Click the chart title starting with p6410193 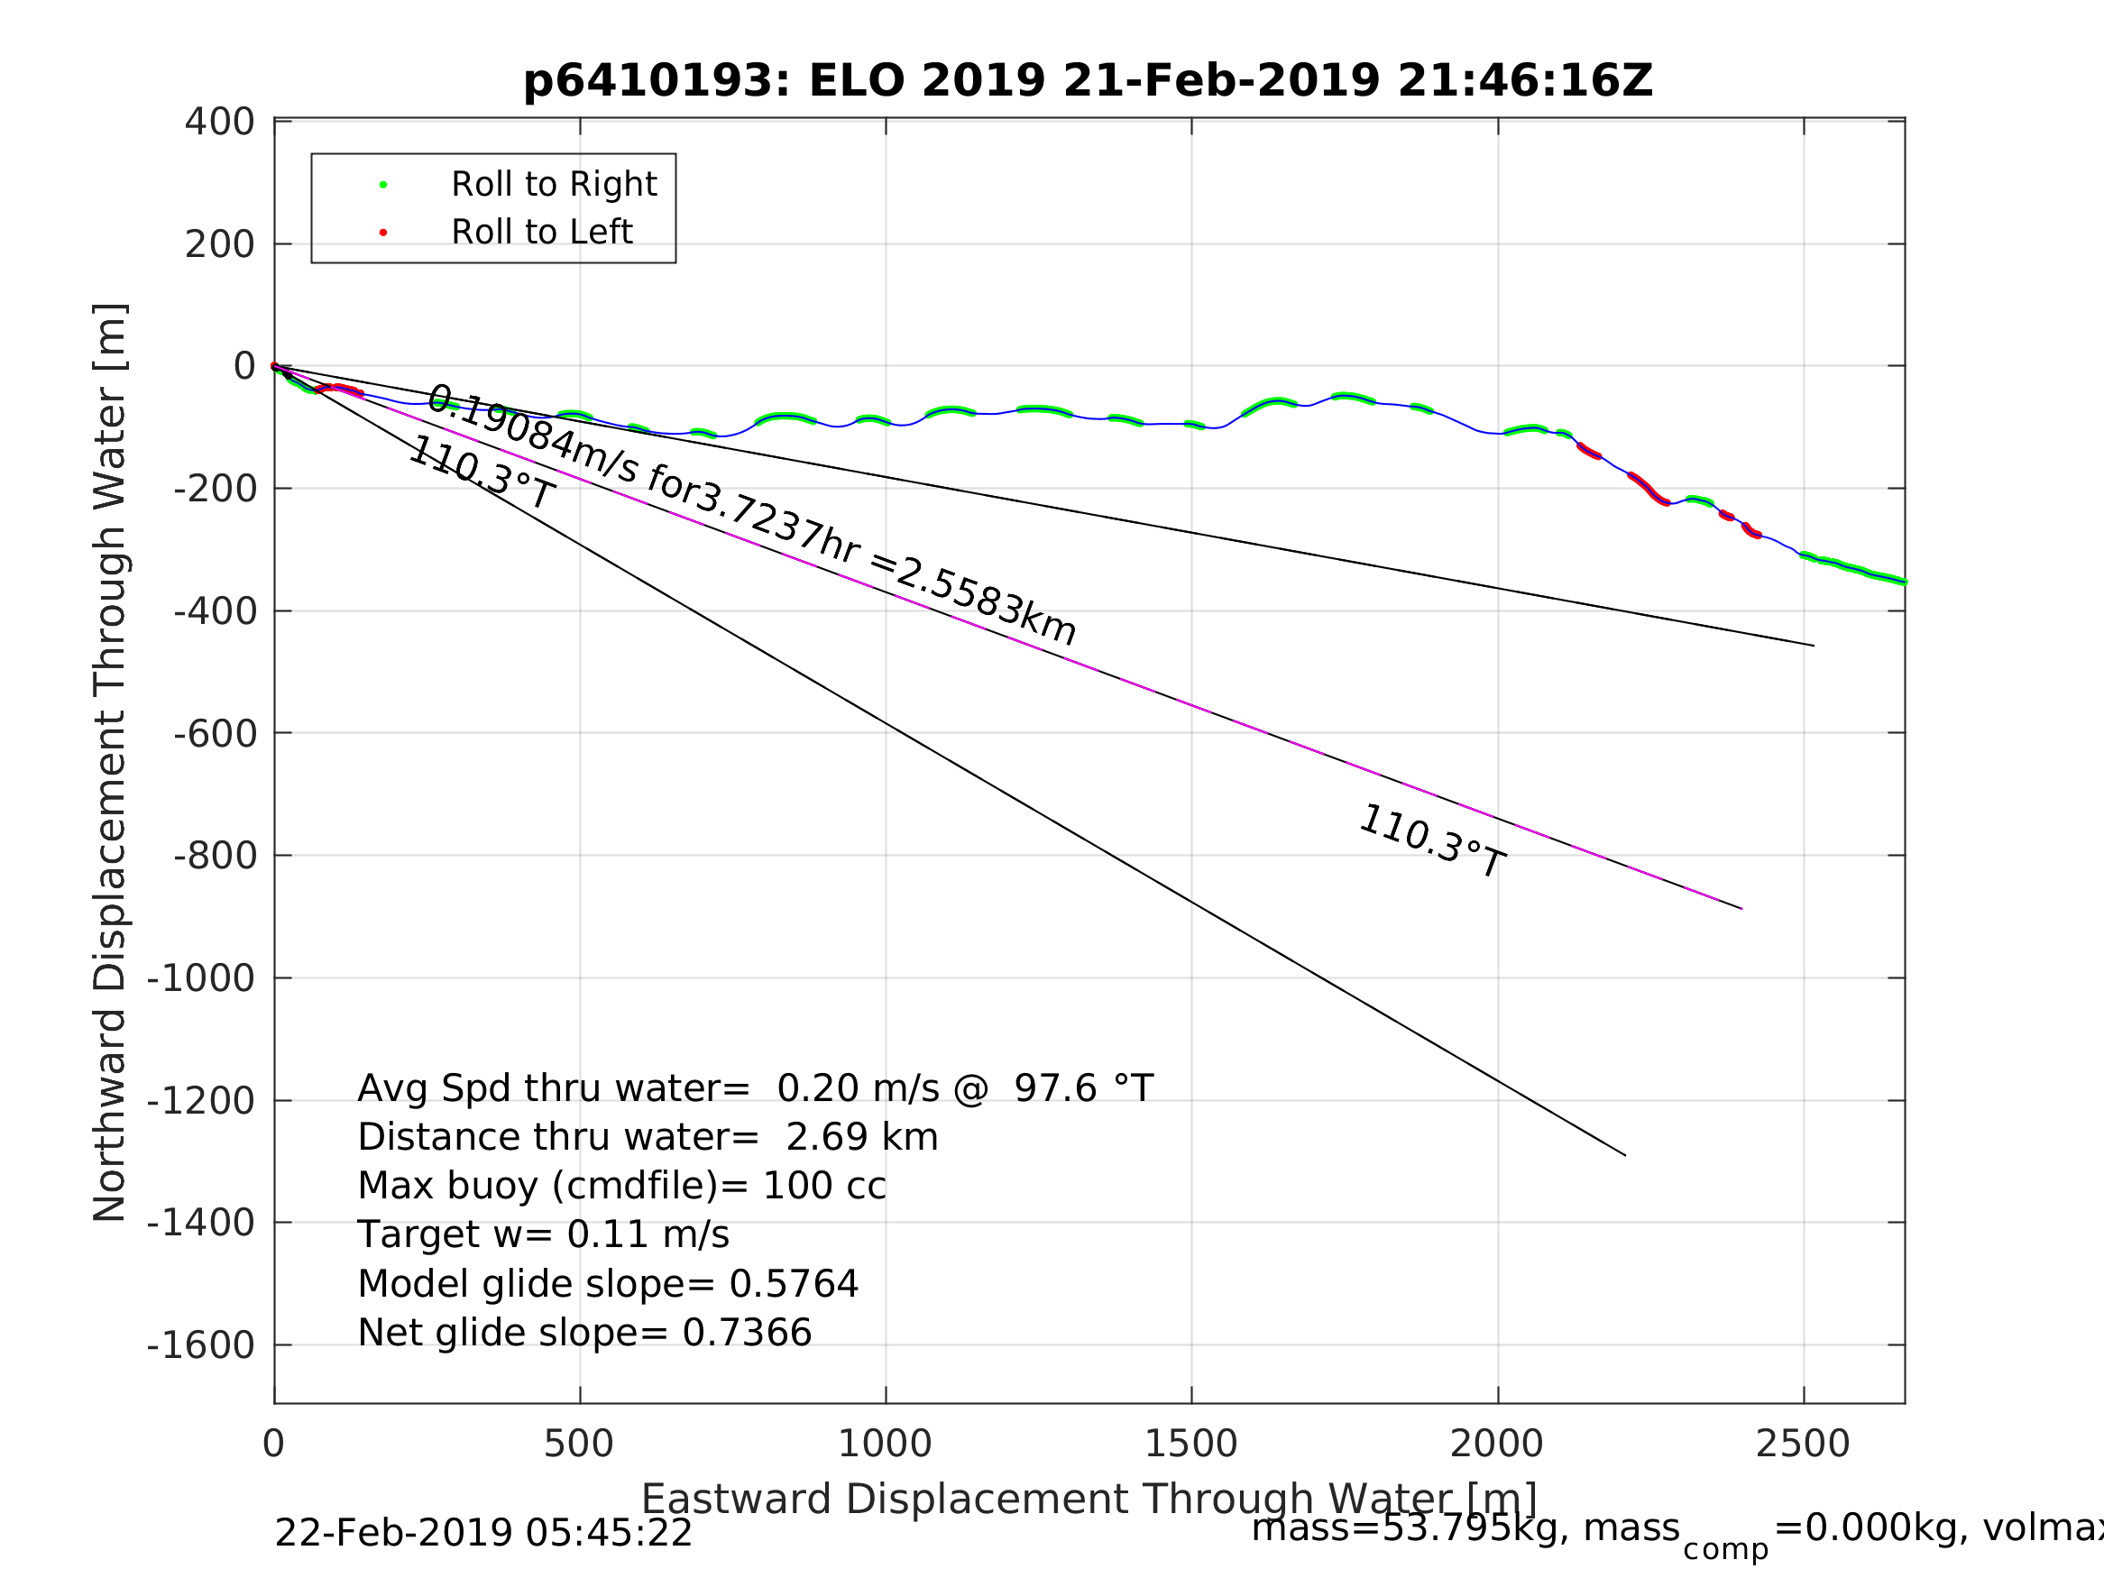(x=1088, y=82)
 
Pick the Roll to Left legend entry (x=541, y=232)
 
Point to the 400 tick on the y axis (x=220, y=122)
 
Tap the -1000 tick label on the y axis (x=201, y=978)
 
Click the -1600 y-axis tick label (x=201, y=1346)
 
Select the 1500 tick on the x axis (x=1190, y=1445)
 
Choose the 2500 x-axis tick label (x=1803, y=1445)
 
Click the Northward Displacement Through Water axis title (x=110, y=761)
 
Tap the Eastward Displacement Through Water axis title (x=1089, y=1500)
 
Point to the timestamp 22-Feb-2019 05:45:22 (x=483, y=1534)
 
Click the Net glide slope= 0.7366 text (x=584, y=1334)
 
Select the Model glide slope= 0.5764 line (x=608, y=1285)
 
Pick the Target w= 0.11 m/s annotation (x=543, y=1235)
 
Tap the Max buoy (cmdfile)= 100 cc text (x=621, y=1187)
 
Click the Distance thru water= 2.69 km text (x=648, y=1139)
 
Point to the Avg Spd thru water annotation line (x=755, y=1089)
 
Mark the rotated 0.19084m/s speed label (x=751, y=515)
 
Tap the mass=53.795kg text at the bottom (x=1465, y=1529)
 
